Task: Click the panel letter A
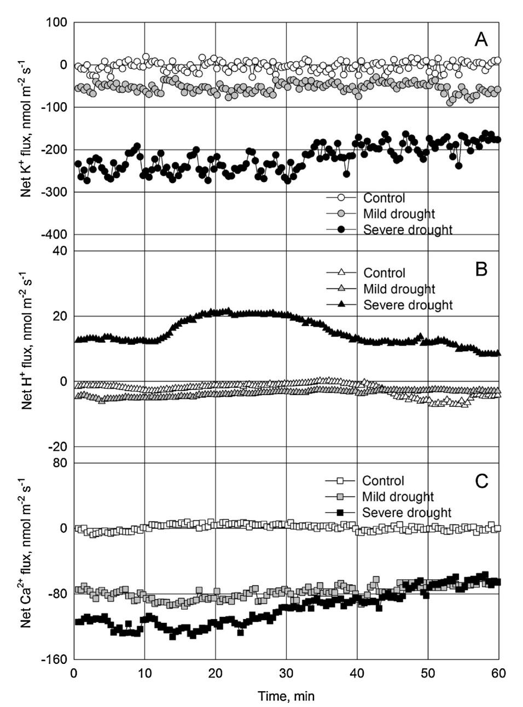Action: tap(481, 39)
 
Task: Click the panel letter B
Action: tap(481, 269)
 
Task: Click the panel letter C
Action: tap(481, 481)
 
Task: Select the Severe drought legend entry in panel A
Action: tap(408, 229)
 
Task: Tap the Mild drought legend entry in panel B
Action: tap(399, 289)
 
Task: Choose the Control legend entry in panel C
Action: tap(383, 481)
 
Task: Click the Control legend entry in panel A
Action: tap(384, 198)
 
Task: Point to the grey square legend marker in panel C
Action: tap(339, 497)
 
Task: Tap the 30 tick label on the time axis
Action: tap(287, 674)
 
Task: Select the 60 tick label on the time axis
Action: tap(499, 674)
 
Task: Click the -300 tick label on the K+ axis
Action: tap(56, 192)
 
